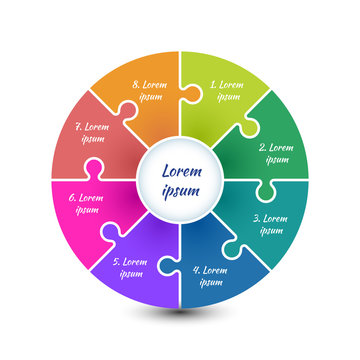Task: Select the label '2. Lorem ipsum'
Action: click(x=275, y=153)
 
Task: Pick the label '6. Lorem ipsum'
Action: click(x=87, y=204)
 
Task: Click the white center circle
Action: click(x=180, y=180)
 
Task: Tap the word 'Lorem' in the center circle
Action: click(x=181, y=170)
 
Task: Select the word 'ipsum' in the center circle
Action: click(x=181, y=190)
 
